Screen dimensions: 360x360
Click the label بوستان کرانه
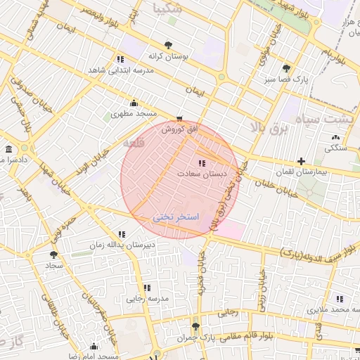[x=166, y=56]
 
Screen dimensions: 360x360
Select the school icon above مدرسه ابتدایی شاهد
[x=119, y=60]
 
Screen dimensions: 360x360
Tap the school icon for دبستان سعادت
[x=202, y=163]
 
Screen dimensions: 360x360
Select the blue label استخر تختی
[x=176, y=217]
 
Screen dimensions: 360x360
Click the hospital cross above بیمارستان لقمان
[x=301, y=161]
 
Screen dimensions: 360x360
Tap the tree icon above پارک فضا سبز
[x=286, y=68]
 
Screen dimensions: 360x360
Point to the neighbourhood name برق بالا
[x=269, y=127]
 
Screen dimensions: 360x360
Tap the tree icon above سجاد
[x=53, y=255]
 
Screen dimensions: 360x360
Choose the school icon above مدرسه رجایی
[x=147, y=288]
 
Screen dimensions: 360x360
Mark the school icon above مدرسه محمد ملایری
[x=340, y=299]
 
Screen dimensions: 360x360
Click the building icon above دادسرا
[x=8, y=150]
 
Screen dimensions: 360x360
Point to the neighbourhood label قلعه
[x=134, y=143]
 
